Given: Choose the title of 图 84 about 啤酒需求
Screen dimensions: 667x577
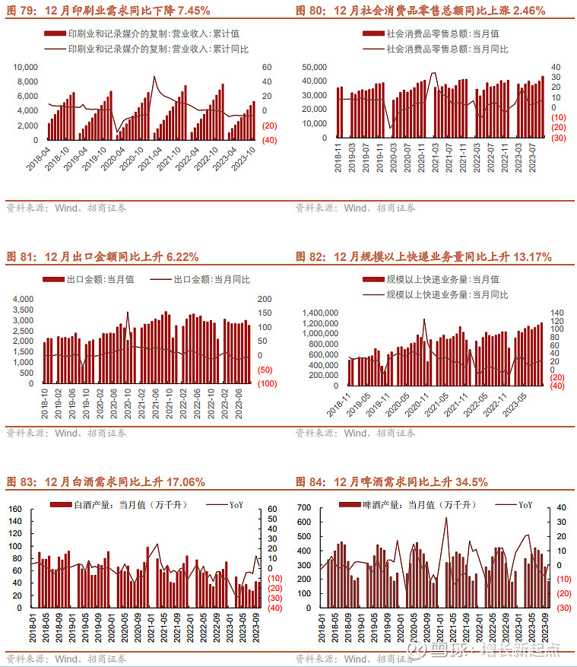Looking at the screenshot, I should (x=392, y=481).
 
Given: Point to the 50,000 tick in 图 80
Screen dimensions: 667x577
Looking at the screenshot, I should (x=314, y=68).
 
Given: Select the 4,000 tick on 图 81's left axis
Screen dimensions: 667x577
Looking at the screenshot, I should (x=23, y=299).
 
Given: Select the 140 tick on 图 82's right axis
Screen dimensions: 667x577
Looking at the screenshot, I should (x=556, y=313).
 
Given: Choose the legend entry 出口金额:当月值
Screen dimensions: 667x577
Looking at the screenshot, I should (x=89, y=279).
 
